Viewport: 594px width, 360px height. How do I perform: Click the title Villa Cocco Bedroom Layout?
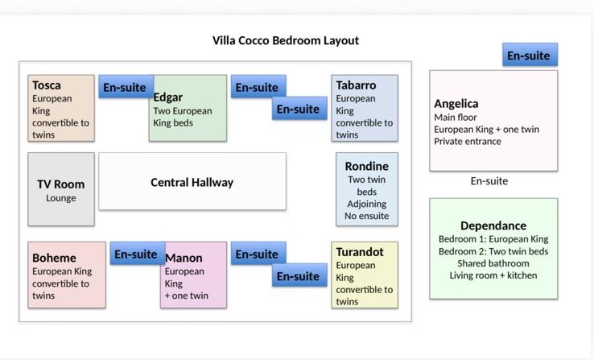click(285, 40)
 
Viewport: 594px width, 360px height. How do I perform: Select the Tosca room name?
click(46, 85)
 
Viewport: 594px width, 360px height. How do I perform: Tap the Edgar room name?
click(168, 97)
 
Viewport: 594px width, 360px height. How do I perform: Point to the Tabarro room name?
click(356, 85)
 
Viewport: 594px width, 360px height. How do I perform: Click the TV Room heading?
click(60, 184)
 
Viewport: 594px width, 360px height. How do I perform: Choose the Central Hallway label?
click(192, 183)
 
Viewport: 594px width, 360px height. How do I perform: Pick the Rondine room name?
click(366, 167)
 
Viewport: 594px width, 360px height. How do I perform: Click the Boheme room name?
click(54, 258)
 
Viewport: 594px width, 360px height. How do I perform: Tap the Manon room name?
click(184, 258)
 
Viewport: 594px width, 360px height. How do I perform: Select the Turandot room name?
click(360, 252)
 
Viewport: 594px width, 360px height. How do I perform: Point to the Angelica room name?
click(456, 104)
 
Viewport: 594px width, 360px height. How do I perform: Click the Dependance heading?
click(493, 226)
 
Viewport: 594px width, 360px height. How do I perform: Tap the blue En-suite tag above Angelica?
click(530, 55)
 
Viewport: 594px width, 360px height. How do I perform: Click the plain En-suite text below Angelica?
click(489, 181)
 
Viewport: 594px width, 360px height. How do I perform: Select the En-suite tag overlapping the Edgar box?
click(126, 87)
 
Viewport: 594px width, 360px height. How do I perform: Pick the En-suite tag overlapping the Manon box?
click(138, 254)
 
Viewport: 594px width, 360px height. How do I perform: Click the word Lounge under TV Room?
click(61, 198)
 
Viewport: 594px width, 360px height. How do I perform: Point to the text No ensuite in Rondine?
click(367, 216)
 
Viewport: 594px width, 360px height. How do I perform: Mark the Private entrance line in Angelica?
click(468, 142)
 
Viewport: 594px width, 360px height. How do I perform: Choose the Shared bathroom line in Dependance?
click(493, 263)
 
